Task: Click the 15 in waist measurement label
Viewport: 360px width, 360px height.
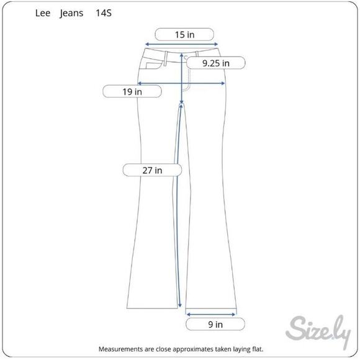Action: (184, 35)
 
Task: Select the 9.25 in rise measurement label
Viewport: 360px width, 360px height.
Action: (215, 63)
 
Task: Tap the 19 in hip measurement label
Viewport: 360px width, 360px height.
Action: (132, 92)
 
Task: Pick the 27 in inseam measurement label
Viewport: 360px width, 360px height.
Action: (152, 170)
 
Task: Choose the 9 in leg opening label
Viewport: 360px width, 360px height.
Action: (215, 324)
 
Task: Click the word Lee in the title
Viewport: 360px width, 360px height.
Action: (43, 13)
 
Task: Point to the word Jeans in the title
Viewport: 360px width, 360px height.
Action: (71, 14)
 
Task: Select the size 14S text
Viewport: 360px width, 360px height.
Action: (104, 13)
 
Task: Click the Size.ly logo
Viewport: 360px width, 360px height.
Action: (318, 331)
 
